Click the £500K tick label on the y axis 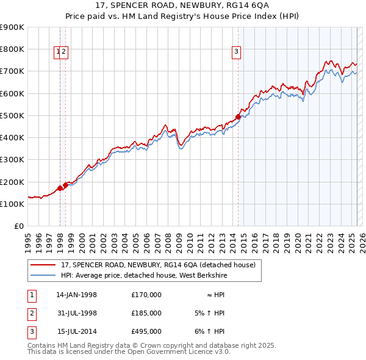pos(12,115)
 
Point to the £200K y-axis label pos(12,182)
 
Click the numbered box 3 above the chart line pos(235,52)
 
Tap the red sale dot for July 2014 pos(239,117)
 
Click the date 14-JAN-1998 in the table pos(76,295)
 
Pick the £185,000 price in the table pos(146,313)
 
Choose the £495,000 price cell pos(146,331)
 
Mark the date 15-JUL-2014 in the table pos(76,331)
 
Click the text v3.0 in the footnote pos(221,351)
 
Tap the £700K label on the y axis pos(12,71)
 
